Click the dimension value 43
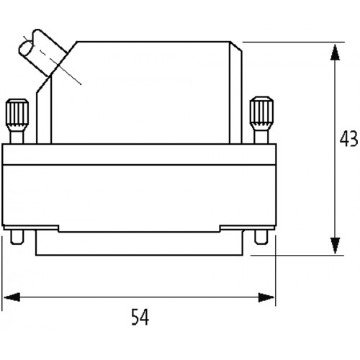point(348,139)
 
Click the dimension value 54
point(140,317)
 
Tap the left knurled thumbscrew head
point(17,114)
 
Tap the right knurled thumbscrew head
point(261,113)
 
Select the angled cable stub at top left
point(43,52)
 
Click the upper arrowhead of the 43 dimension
point(335,53)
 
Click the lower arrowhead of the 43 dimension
point(335,246)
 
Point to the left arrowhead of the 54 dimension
point(12,297)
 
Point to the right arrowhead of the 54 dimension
point(266,297)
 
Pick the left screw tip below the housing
point(17,237)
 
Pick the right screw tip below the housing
point(261,237)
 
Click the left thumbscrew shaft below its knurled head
point(17,138)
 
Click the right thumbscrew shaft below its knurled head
point(261,137)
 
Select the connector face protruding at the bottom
point(139,243)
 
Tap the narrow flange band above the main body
point(139,154)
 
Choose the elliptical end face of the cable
point(26,49)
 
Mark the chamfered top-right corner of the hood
point(236,47)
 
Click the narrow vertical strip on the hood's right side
point(235,95)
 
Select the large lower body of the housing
point(139,195)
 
